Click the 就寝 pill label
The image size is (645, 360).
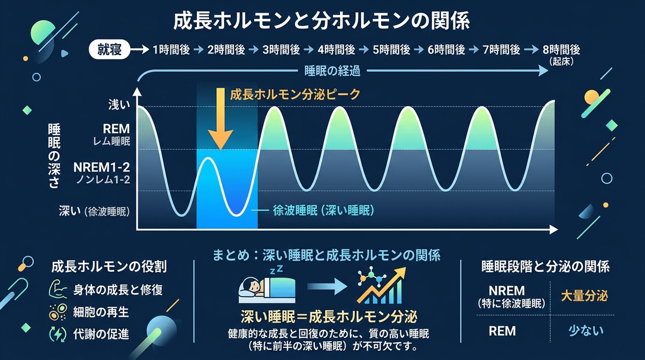pos(110,49)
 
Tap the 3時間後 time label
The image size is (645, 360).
pos(281,50)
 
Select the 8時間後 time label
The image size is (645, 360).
pos(561,50)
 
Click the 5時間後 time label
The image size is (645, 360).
pos(391,50)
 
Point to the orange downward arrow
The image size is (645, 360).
pos(220,119)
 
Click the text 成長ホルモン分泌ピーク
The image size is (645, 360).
pos(295,95)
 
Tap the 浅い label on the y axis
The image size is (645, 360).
pos(119,105)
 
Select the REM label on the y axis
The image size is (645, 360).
pos(116,129)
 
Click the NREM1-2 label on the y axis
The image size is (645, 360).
pos(102,167)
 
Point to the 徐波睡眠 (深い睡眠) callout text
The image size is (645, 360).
pos(324,211)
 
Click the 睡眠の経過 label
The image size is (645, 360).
pos(332,71)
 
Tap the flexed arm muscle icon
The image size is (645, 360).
pos(58,289)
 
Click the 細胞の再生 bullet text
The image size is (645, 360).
pos(101,312)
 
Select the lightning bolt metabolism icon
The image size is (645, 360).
pos(58,334)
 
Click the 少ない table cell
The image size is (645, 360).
pos(586,331)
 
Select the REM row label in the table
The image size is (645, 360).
pos(502,331)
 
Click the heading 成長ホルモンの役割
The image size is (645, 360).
pos(109,267)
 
